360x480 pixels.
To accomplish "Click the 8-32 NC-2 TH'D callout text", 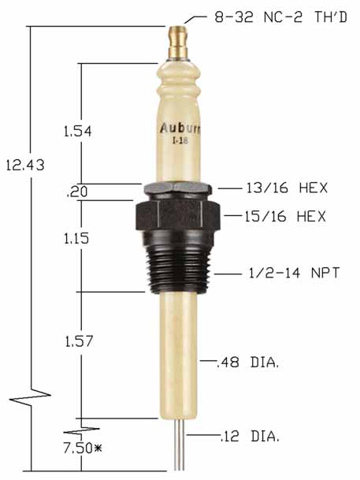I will coord(280,16).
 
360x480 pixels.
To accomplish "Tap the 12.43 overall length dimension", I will coord(22,165).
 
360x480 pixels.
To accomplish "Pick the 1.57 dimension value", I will coord(79,341).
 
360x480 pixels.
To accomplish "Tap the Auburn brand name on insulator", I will coord(180,128).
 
